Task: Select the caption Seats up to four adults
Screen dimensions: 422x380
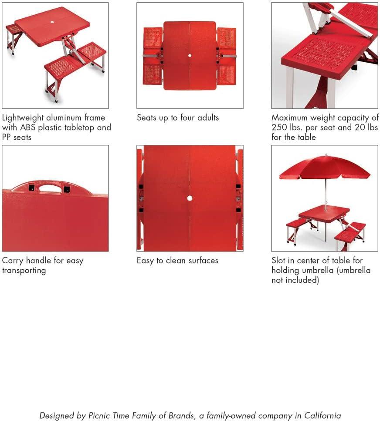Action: point(178,118)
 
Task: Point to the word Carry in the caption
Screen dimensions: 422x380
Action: point(13,261)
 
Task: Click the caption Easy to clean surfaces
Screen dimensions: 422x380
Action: point(177,261)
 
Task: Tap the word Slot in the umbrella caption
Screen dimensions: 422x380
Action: point(280,261)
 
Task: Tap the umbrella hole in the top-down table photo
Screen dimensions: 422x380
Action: point(190,56)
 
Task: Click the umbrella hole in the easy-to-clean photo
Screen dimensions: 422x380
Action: point(190,198)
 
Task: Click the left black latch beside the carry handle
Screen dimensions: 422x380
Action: point(31,188)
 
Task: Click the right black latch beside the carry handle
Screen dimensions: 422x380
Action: point(66,189)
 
